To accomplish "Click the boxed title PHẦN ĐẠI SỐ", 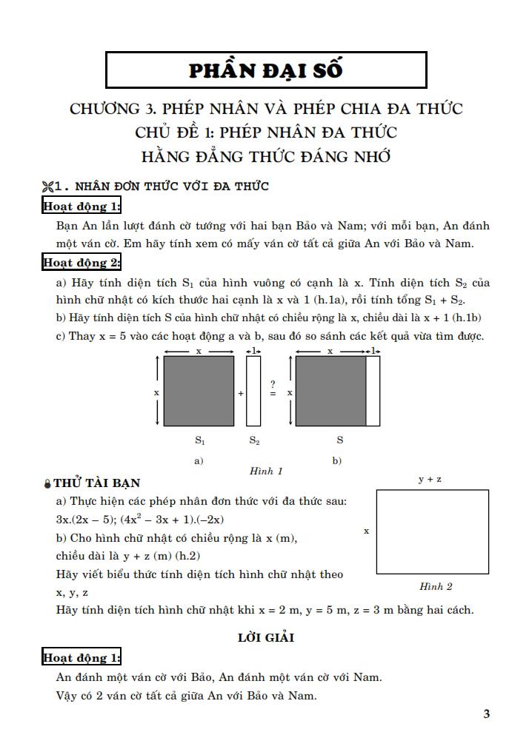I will (x=266, y=70).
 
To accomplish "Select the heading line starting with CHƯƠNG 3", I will (x=266, y=109).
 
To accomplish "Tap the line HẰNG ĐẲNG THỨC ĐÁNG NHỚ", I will (x=266, y=156).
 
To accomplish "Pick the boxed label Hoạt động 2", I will (x=82, y=262).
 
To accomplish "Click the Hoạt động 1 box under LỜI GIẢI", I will (x=82, y=657).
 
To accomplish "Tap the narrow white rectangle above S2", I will (x=253, y=391).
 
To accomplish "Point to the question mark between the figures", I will (x=273, y=384).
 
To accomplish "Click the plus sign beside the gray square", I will (x=241, y=394).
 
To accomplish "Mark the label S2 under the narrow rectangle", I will (x=253, y=440).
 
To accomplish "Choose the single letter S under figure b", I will (x=339, y=440).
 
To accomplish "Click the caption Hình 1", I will (x=266, y=471).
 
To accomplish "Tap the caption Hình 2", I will (x=436, y=586).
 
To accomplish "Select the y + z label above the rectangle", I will (x=430, y=480).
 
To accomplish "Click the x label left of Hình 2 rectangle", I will (x=366, y=531).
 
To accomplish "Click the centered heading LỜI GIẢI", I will (x=266, y=637).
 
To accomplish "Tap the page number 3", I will (x=486, y=714).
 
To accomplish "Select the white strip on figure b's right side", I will (x=373, y=391).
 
